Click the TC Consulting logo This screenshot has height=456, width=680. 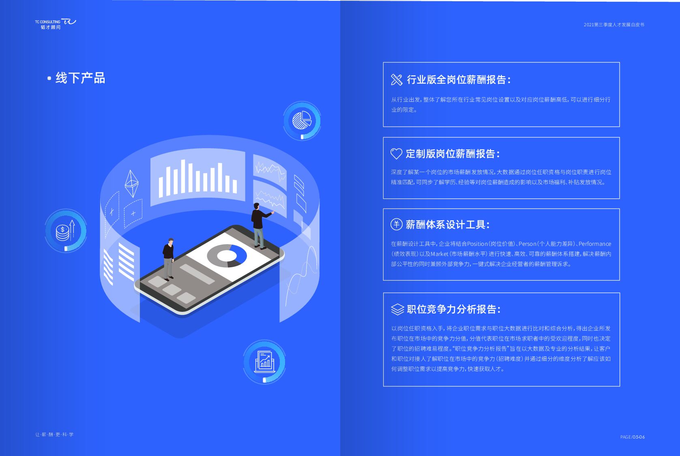click(55, 24)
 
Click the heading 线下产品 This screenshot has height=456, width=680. click(80, 78)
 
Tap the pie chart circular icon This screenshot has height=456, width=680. click(302, 120)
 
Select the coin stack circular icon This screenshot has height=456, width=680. click(65, 231)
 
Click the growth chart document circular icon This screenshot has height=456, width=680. click(264, 361)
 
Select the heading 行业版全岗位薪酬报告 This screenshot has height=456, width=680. click(459, 80)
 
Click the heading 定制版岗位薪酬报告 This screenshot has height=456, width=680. click(453, 154)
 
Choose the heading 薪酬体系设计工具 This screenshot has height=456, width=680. click(448, 224)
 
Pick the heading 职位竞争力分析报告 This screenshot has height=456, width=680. click(454, 309)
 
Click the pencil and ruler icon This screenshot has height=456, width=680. click(396, 80)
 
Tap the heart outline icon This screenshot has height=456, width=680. click(396, 154)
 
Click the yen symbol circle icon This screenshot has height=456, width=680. click(396, 224)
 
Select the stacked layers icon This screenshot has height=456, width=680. click(397, 309)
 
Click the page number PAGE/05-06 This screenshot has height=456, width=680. click(632, 437)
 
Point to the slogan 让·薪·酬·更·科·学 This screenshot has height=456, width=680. click(54, 435)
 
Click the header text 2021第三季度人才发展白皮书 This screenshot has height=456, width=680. click(614, 25)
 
